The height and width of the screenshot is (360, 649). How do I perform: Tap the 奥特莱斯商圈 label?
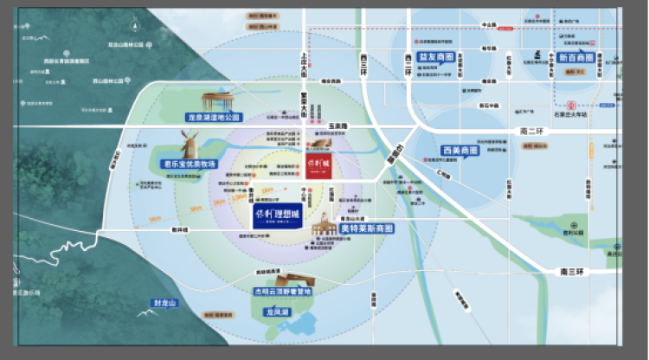click(x=366, y=228)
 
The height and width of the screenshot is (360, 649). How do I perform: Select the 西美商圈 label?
click(x=459, y=149)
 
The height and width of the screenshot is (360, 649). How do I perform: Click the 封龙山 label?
click(x=164, y=303)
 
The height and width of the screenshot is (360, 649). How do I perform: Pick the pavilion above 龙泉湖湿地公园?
click(x=222, y=100)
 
